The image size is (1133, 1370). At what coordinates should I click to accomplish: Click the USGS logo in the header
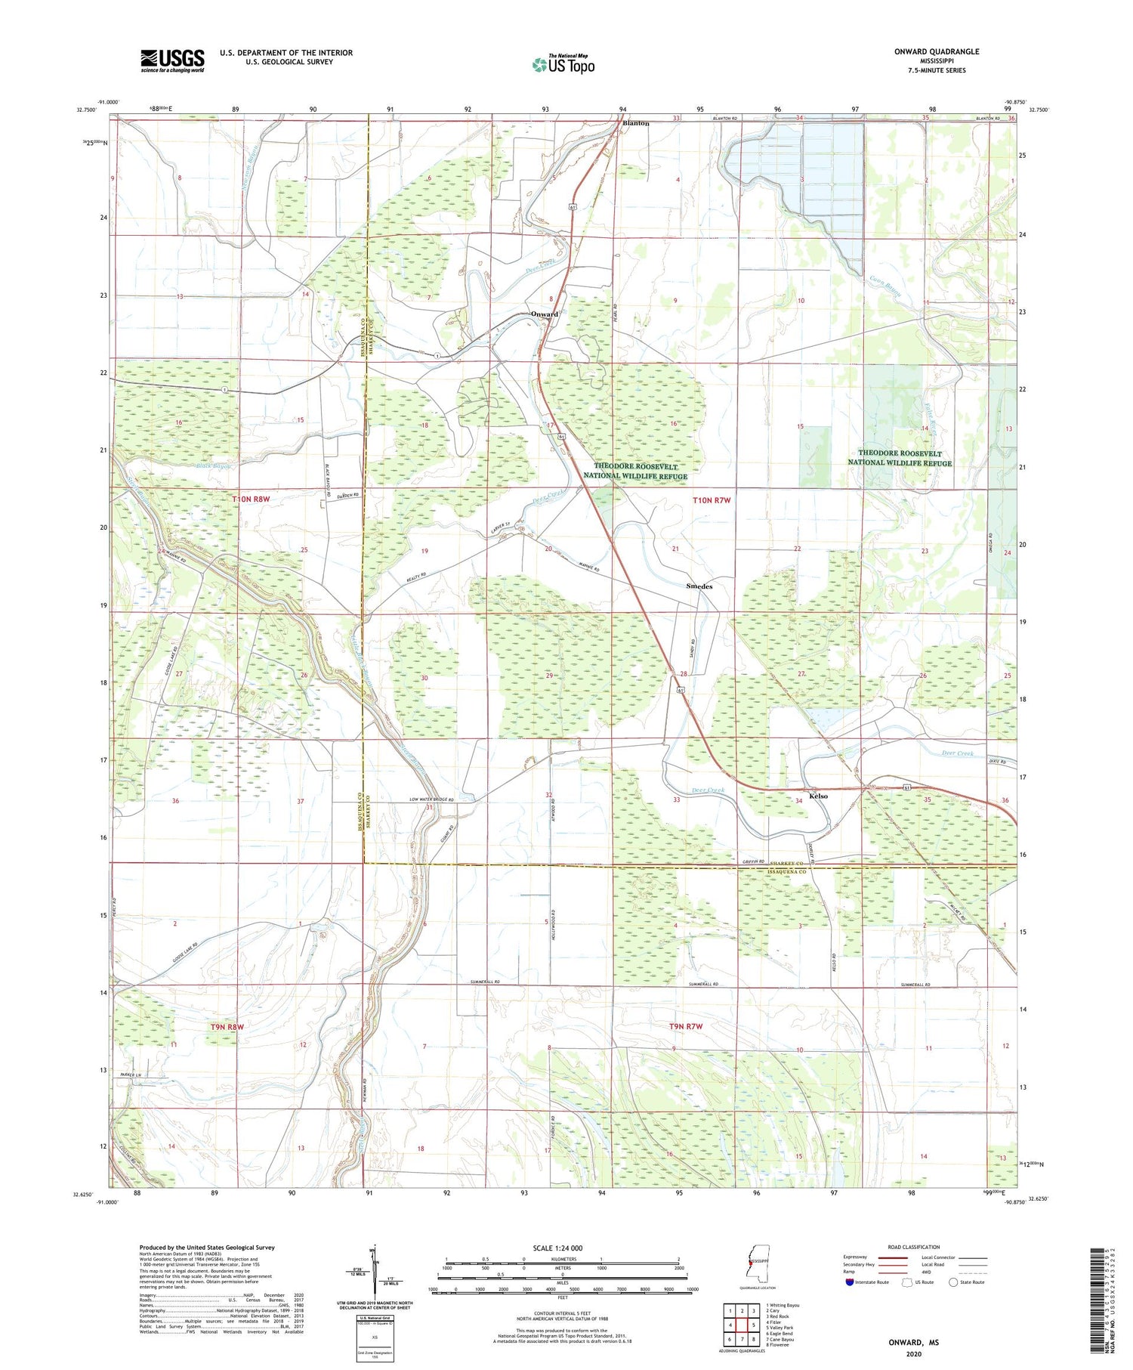coord(172,60)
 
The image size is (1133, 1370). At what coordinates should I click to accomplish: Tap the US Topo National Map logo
coord(563,64)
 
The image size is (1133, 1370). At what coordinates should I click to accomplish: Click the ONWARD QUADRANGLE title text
coord(936,51)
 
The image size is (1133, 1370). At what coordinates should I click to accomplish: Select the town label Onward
coord(544,314)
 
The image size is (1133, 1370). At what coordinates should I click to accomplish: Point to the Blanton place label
coord(635,123)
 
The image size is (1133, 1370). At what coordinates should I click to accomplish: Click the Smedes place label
coord(699,586)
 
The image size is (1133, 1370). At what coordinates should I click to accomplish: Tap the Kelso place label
coord(818,796)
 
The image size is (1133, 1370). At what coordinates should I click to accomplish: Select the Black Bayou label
coord(213,465)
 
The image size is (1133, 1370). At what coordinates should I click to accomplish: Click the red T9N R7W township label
coord(686,1026)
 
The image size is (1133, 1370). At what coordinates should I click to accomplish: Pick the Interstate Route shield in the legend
coord(850,1282)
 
